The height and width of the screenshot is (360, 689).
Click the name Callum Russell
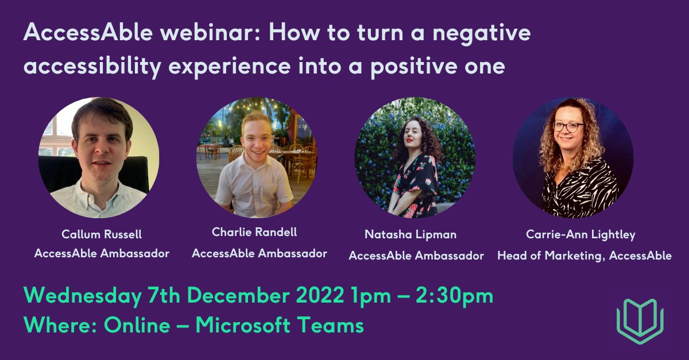click(102, 234)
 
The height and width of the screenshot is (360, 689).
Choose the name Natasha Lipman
click(411, 234)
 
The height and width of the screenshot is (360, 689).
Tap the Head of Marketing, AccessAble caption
click(584, 256)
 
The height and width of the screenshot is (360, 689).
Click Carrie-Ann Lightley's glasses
click(568, 126)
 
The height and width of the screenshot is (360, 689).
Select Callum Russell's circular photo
click(99, 157)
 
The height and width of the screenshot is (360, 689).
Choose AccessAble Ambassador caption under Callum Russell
click(102, 253)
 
